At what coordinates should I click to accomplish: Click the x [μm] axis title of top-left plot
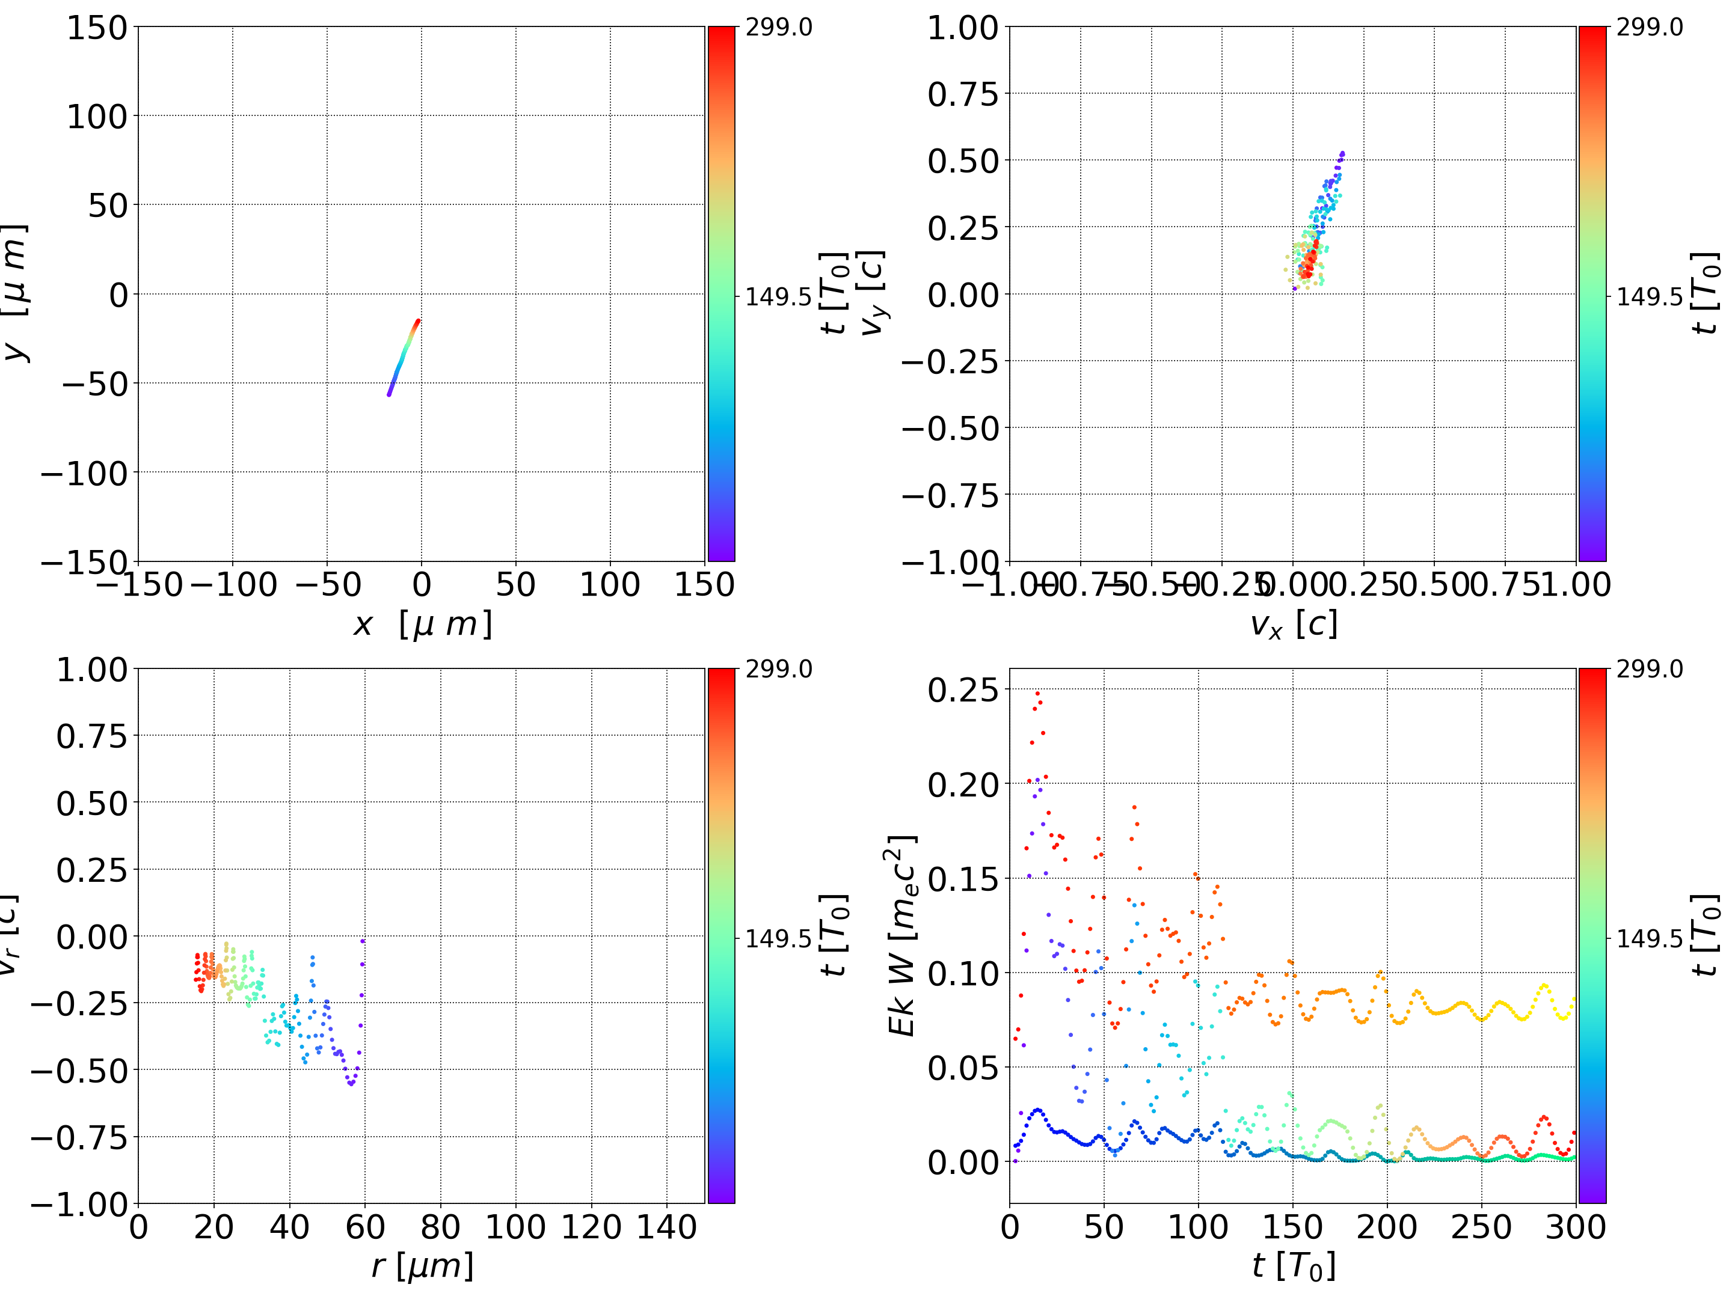coord(422,625)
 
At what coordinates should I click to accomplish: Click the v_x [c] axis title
coord(1293,625)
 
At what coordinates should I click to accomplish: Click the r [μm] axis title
coord(422,1266)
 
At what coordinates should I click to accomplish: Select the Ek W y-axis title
coord(902,935)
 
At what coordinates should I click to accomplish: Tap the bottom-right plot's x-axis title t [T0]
coord(1293,1266)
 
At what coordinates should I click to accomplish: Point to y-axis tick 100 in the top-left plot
coord(96,117)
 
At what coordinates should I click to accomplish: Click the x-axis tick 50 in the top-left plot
coord(515,585)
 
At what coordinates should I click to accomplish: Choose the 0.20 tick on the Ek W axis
coord(963,784)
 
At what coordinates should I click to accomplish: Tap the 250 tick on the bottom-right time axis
coord(1481,1227)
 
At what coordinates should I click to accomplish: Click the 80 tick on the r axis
coord(440,1227)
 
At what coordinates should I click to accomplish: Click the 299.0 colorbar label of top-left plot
coord(778,28)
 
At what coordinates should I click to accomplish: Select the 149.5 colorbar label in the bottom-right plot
coord(1649,938)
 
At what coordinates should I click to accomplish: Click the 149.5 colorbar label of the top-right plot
coord(1649,297)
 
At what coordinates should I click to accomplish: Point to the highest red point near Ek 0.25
coord(1037,692)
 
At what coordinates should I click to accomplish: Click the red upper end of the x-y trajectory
coord(418,320)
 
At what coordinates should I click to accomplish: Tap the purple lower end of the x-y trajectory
coord(388,394)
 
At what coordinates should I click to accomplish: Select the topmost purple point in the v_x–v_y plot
coord(1343,153)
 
